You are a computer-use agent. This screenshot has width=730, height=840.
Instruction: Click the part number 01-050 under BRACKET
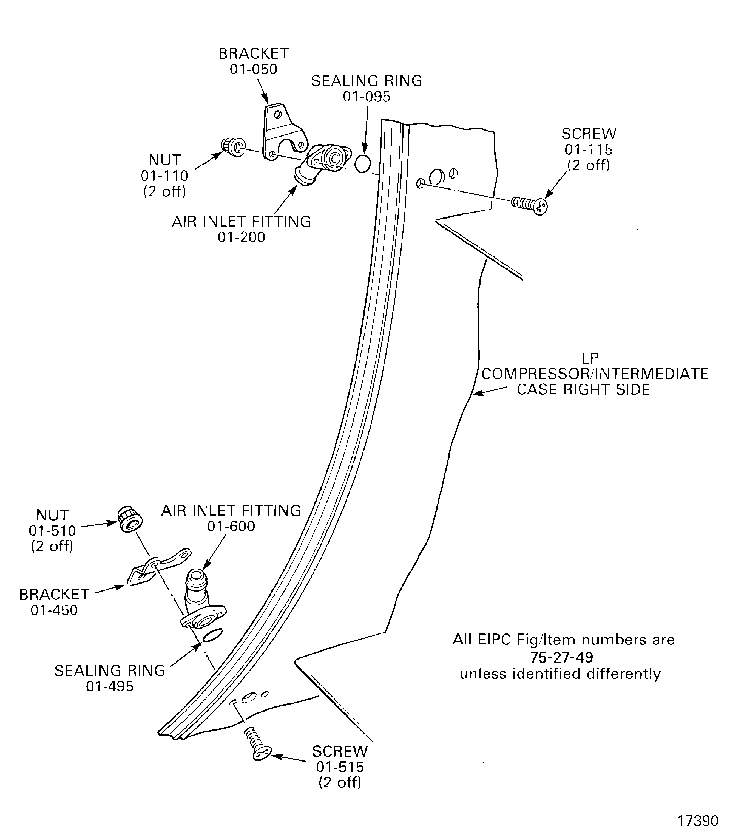tap(253, 69)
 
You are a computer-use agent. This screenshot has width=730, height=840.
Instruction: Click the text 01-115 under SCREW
tap(588, 150)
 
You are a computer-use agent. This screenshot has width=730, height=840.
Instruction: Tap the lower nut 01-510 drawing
tap(130, 520)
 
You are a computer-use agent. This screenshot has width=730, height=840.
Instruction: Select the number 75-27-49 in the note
tap(561, 657)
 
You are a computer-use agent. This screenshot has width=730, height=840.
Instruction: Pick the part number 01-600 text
tap(231, 526)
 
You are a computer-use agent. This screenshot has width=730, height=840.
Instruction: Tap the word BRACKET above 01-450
tap(54, 595)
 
